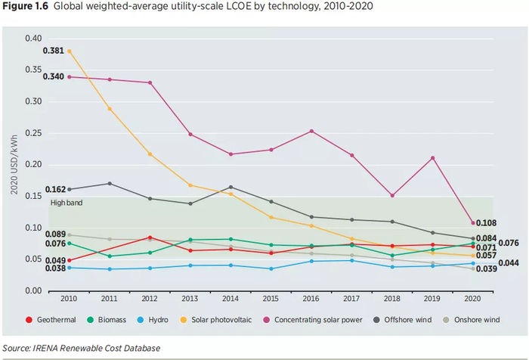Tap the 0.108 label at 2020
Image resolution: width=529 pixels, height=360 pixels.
(x=486, y=223)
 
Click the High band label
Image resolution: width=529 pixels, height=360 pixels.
(x=67, y=203)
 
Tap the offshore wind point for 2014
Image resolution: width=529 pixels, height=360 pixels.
(x=230, y=187)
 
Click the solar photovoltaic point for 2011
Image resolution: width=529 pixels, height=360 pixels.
(x=110, y=109)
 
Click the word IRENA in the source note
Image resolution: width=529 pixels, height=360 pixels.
(x=47, y=348)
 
